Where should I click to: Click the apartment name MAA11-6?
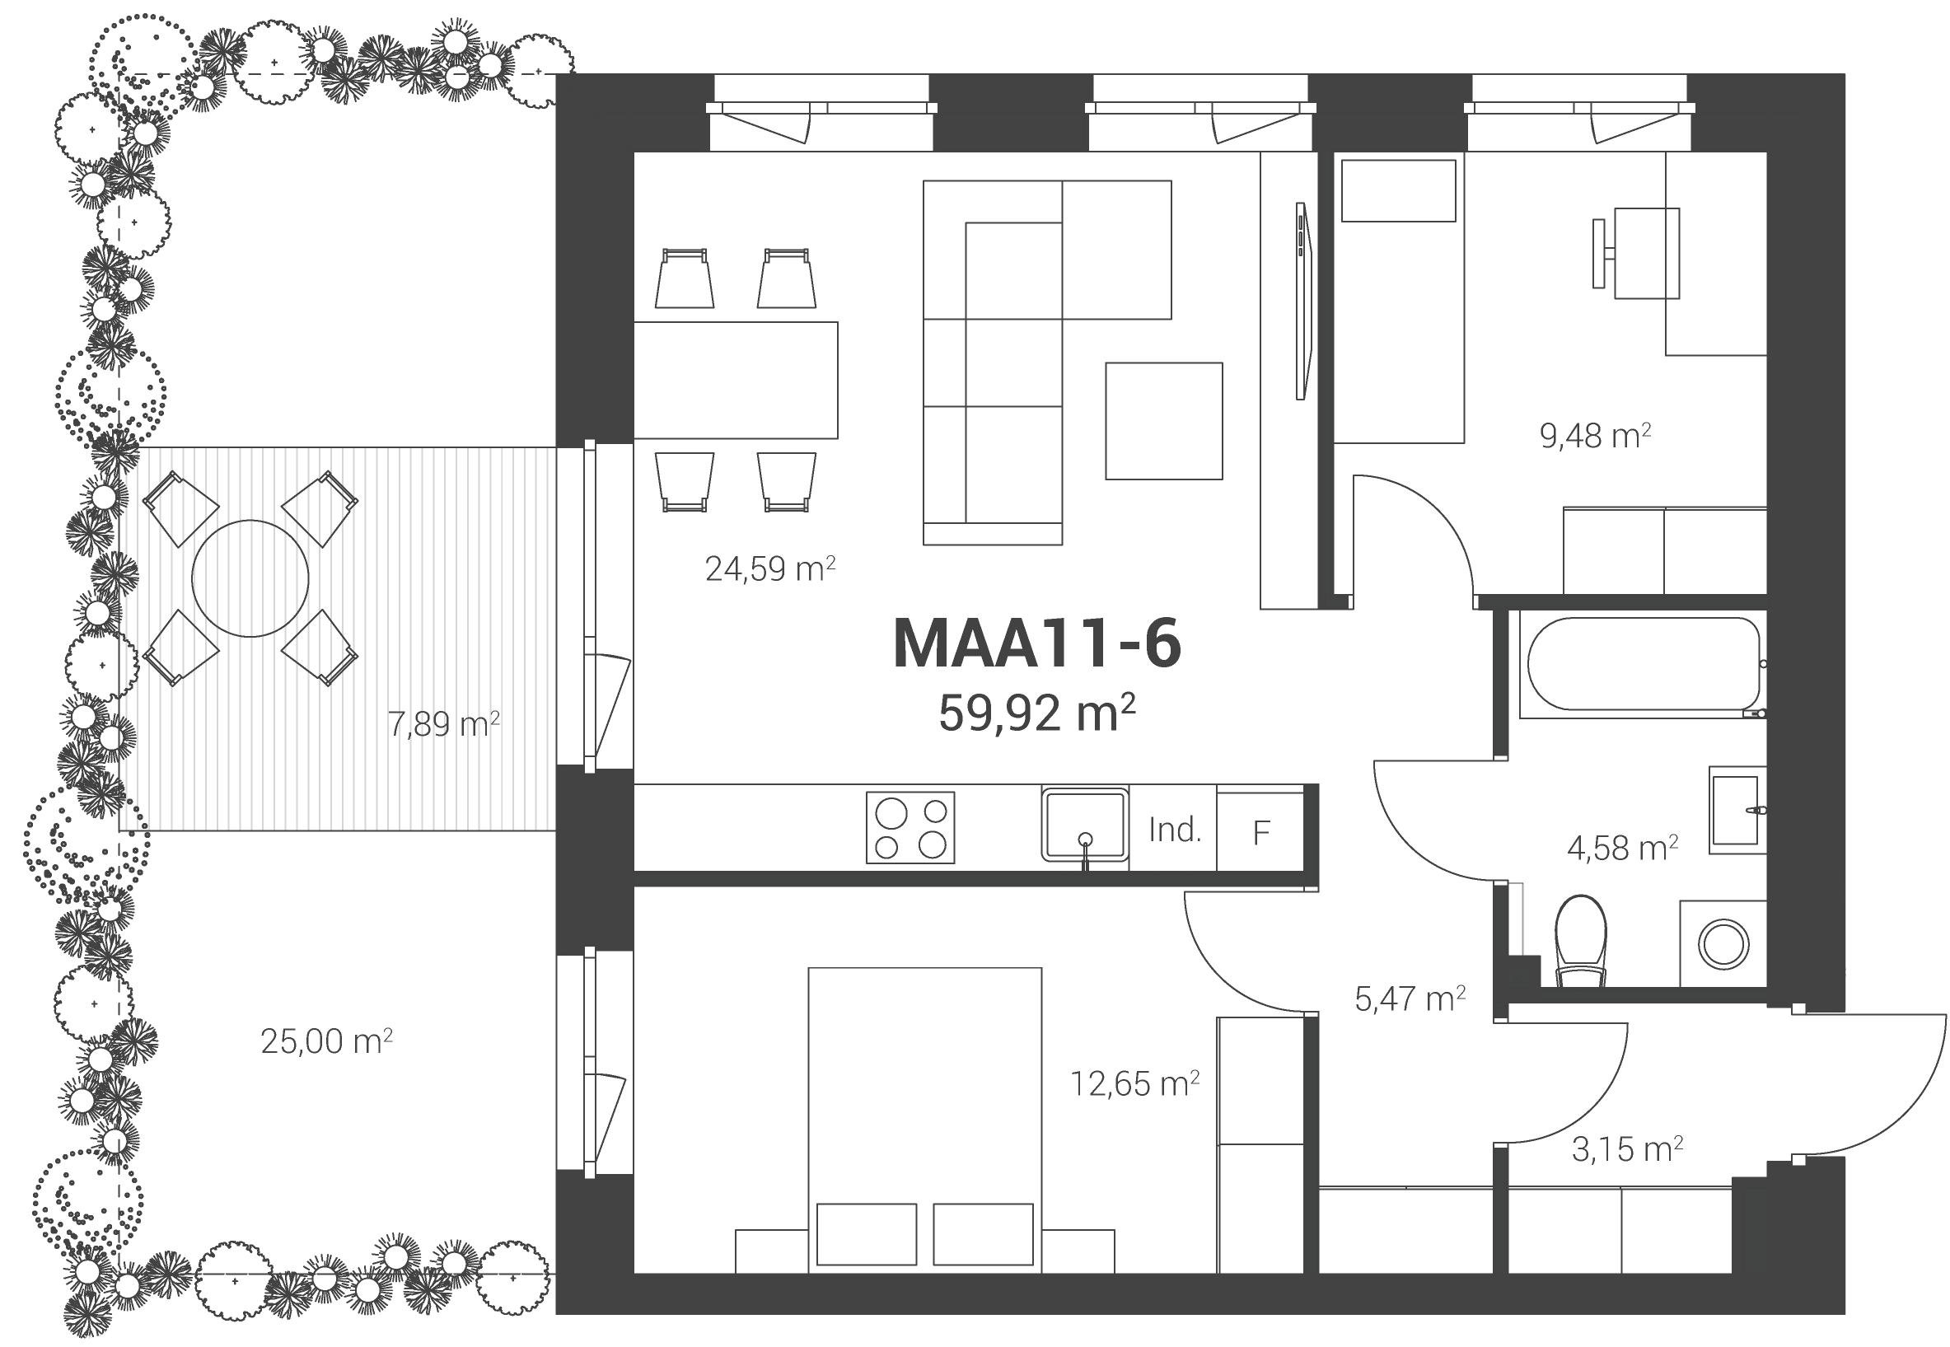(x=1036, y=644)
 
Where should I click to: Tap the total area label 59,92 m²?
(x=1036, y=713)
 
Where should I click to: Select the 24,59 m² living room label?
(x=769, y=568)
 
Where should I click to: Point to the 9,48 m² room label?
(x=1595, y=436)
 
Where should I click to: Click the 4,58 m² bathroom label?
(x=1622, y=848)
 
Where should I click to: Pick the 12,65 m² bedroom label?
(x=1134, y=1083)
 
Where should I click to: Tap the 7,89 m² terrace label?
(x=443, y=724)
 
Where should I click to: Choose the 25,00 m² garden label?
(x=326, y=1041)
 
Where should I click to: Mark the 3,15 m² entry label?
(x=1627, y=1149)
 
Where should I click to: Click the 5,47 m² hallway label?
(x=1409, y=999)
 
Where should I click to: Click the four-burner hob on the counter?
(x=910, y=827)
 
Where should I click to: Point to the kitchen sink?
(x=1085, y=825)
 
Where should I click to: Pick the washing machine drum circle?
(x=1723, y=943)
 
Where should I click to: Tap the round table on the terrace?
(x=250, y=578)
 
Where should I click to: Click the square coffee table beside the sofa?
(x=1163, y=421)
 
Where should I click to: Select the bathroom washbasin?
(x=1737, y=810)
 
